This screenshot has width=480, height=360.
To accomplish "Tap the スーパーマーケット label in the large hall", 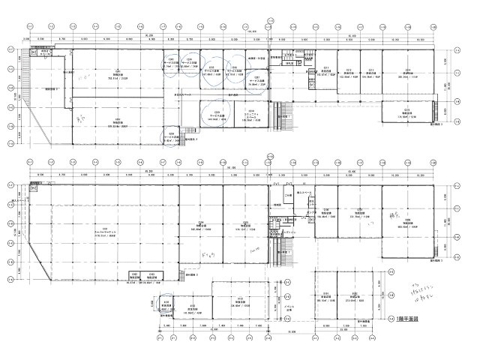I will (x=105, y=229).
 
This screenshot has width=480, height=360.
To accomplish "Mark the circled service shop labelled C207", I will (x=255, y=81).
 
